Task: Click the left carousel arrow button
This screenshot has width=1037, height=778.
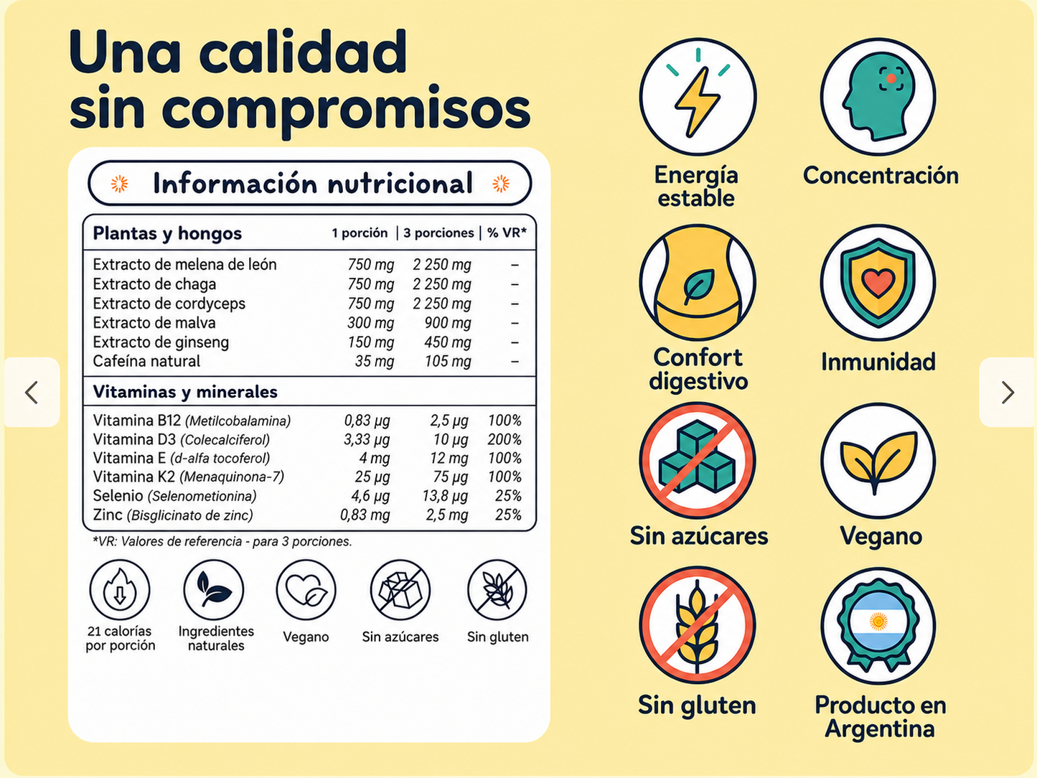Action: tap(32, 393)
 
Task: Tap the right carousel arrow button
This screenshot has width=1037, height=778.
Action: tap(1008, 393)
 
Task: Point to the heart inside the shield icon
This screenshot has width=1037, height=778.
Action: tap(878, 283)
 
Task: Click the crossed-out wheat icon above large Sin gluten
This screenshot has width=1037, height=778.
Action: tap(698, 625)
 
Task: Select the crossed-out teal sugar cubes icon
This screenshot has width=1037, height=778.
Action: tap(698, 460)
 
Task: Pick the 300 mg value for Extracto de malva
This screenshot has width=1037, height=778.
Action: tap(370, 323)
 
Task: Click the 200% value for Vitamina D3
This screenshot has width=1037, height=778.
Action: tap(505, 439)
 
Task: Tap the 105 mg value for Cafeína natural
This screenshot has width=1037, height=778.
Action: tap(447, 361)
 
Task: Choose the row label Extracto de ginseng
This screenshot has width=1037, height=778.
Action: tap(161, 342)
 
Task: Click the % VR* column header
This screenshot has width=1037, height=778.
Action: tap(507, 233)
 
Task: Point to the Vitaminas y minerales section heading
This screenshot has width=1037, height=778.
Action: tap(185, 392)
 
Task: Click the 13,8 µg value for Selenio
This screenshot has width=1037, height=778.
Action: tap(445, 496)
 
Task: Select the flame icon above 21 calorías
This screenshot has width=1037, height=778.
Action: tap(120, 590)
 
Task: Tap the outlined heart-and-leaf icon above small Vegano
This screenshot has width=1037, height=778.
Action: tap(306, 590)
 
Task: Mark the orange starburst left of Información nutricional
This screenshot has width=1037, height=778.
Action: tap(120, 184)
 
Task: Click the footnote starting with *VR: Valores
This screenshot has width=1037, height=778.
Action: tap(222, 541)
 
